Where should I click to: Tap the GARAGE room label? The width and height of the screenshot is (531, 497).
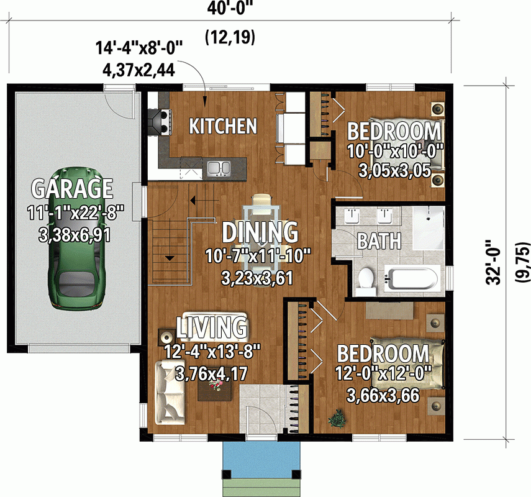pos(72,188)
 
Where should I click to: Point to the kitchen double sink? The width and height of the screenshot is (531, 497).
pos(219,168)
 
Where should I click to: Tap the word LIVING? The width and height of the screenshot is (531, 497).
pos(212,327)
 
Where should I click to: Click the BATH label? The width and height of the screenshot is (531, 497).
pos(378,241)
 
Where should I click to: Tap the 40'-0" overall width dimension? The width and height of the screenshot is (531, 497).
pos(229,10)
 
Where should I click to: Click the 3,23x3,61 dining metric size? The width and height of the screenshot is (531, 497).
pos(256,278)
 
